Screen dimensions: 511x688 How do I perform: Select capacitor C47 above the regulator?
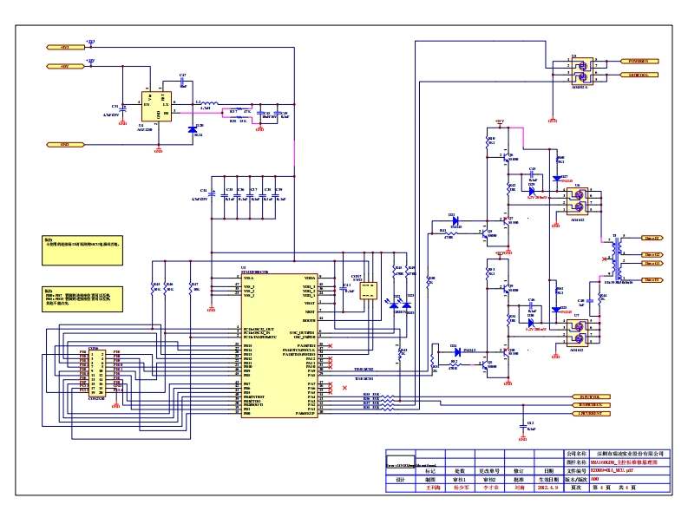[x=182, y=85]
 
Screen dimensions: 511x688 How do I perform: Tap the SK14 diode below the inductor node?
[x=193, y=129]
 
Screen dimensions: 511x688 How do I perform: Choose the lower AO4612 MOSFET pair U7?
[x=577, y=331]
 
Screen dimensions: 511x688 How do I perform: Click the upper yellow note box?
[x=84, y=245]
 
